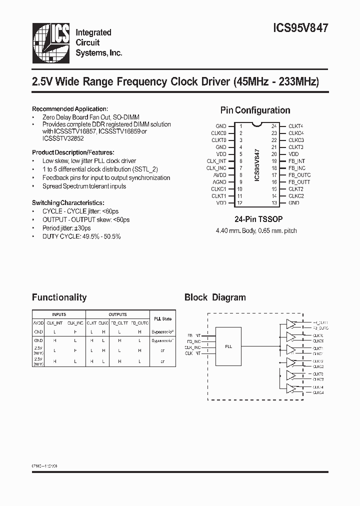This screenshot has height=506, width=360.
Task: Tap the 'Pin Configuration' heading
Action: coord(255,110)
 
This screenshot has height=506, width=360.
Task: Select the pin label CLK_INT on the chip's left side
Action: coord(216,161)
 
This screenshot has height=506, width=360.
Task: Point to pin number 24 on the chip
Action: coord(274,126)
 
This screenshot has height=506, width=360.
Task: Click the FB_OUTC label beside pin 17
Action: coord(299,175)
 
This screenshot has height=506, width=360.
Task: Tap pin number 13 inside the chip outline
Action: coord(274,203)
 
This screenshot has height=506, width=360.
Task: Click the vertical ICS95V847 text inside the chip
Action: coord(257,165)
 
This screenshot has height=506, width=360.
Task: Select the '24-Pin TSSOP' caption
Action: coord(255,219)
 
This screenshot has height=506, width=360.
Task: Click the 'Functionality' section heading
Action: coord(59,297)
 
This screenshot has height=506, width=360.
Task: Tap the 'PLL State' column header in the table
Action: coord(162,318)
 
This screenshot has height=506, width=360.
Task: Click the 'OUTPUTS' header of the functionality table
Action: coord(117,314)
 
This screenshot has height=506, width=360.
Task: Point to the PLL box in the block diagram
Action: coord(228,345)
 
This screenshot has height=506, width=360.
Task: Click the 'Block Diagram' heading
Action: coord(215,297)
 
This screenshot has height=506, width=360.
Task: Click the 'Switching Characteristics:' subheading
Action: coord(68,203)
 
